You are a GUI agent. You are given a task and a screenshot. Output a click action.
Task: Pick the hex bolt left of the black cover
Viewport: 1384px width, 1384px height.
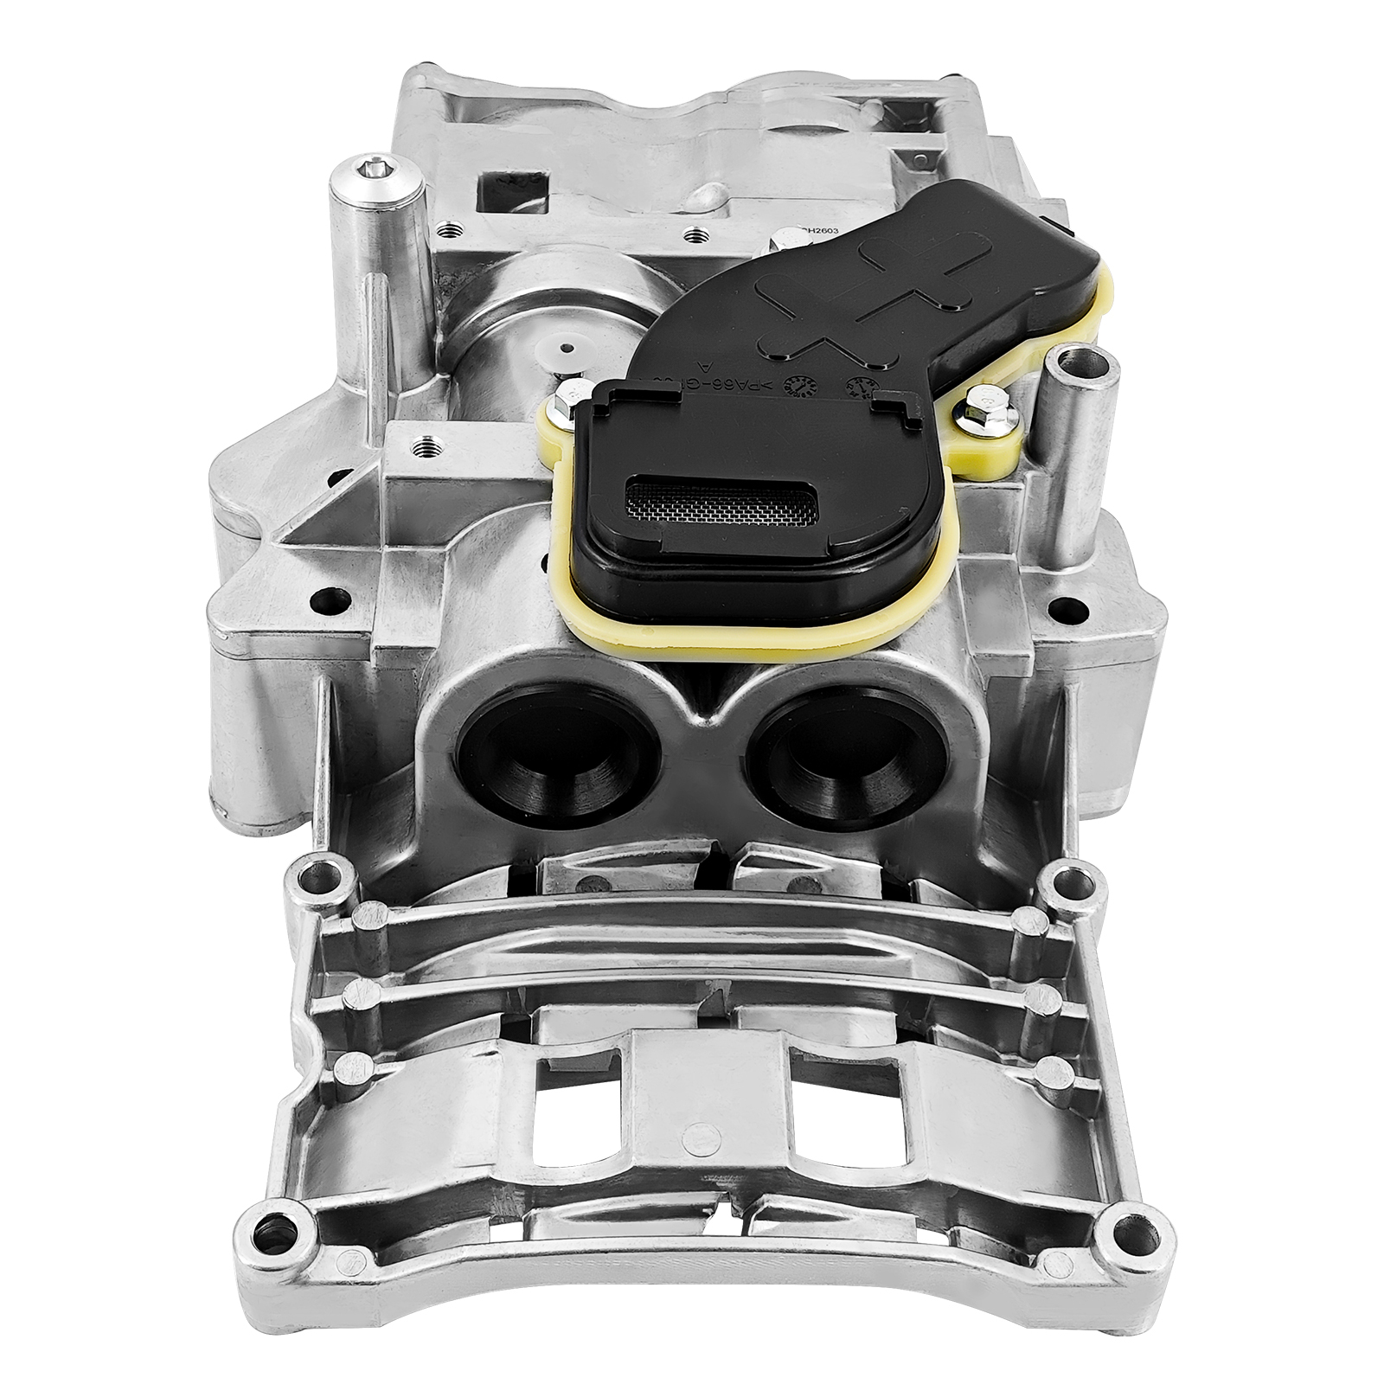tap(563, 400)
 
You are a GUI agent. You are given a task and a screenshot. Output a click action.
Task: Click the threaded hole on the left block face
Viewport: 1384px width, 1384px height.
tap(423, 447)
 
